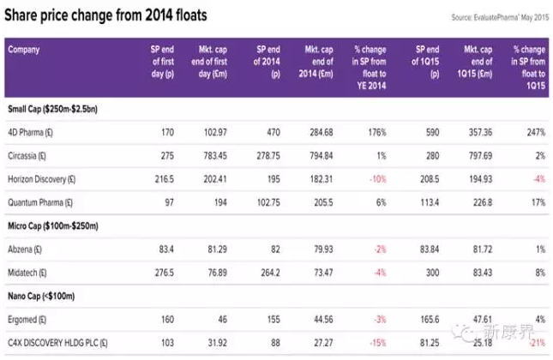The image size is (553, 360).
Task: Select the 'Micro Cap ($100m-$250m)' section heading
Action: [x=52, y=226]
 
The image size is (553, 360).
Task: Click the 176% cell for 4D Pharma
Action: [x=375, y=133]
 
